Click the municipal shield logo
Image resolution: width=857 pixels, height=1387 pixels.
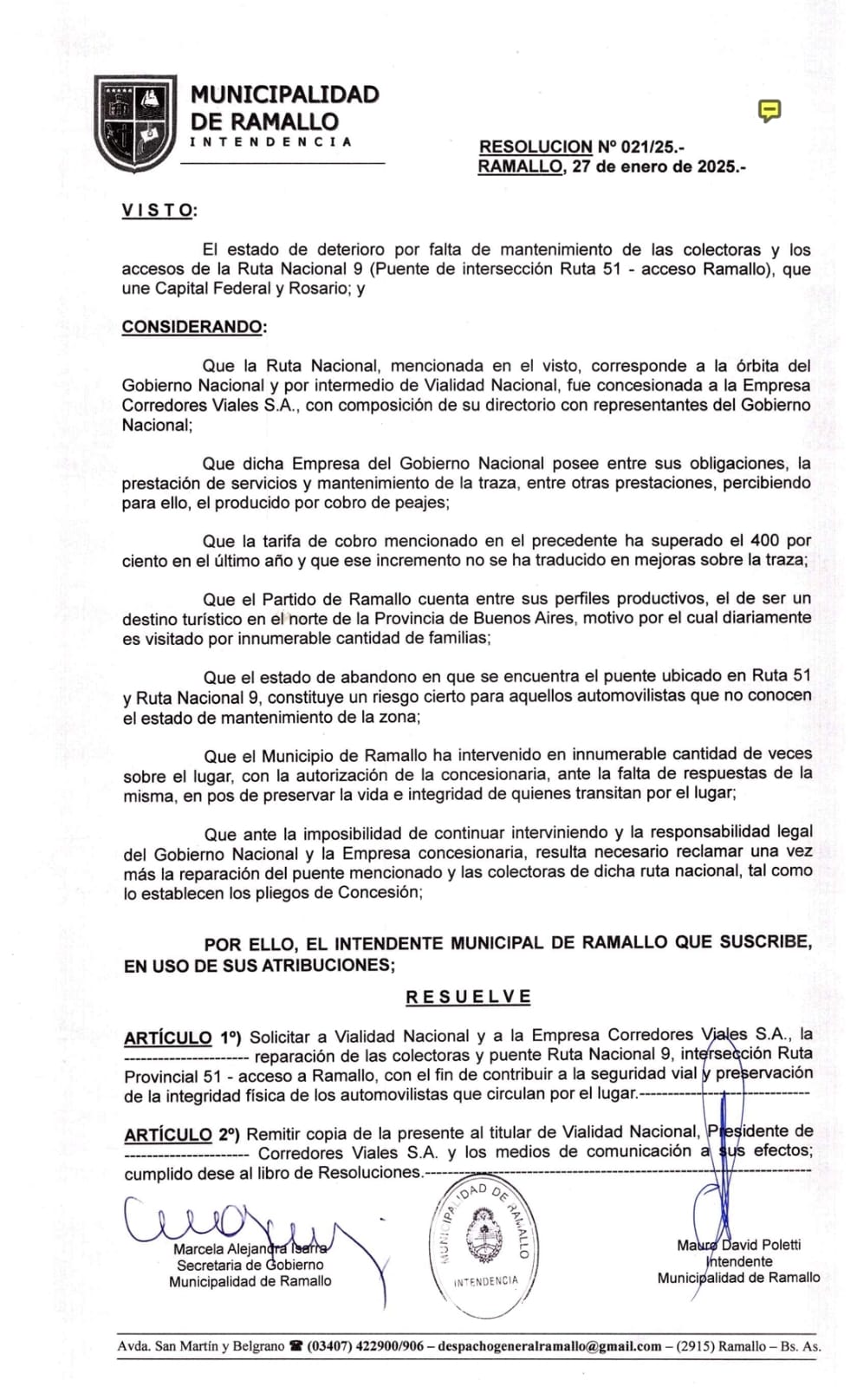(x=134, y=122)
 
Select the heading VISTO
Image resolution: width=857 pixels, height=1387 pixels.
(x=159, y=211)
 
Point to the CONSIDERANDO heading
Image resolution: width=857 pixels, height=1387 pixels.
(x=192, y=327)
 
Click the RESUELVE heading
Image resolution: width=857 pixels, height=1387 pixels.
(x=468, y=997)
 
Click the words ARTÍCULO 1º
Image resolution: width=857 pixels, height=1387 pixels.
(x=182, y=1038)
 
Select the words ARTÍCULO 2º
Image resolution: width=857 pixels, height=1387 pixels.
(x=182, y=1135)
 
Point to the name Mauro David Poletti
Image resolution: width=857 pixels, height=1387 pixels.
(x=739, y=1245)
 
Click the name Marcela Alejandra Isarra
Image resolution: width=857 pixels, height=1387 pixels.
(x=250, y=1249)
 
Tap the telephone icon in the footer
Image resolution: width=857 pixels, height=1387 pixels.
(x=297, y=1346)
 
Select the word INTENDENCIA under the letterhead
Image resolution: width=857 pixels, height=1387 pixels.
(x=270, y=141)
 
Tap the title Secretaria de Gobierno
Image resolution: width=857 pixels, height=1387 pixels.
(x=250, y=1265)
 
